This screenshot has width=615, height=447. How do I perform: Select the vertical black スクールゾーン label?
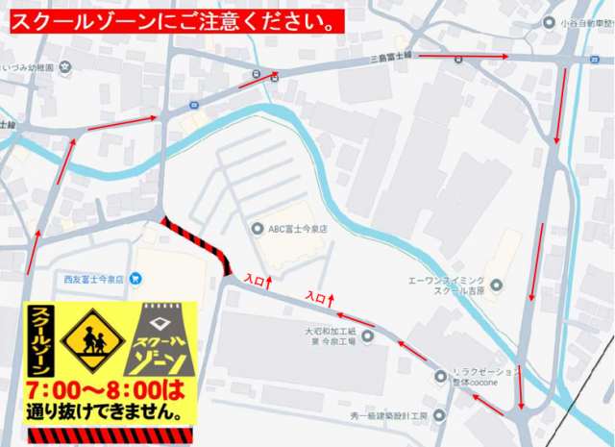(x=40, y=340)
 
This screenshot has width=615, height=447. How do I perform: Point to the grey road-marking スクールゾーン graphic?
(x=160, y=340)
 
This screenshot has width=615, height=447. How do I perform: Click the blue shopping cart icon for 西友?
(x=135, y=279)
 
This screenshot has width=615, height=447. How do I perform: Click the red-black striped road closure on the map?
(x=197, y=243)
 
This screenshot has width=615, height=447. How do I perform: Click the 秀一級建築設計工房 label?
(x=392, y=416)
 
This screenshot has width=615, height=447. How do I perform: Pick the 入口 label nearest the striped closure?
(x=255, y=280)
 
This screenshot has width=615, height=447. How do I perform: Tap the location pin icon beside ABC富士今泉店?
(x=257, y=229)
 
